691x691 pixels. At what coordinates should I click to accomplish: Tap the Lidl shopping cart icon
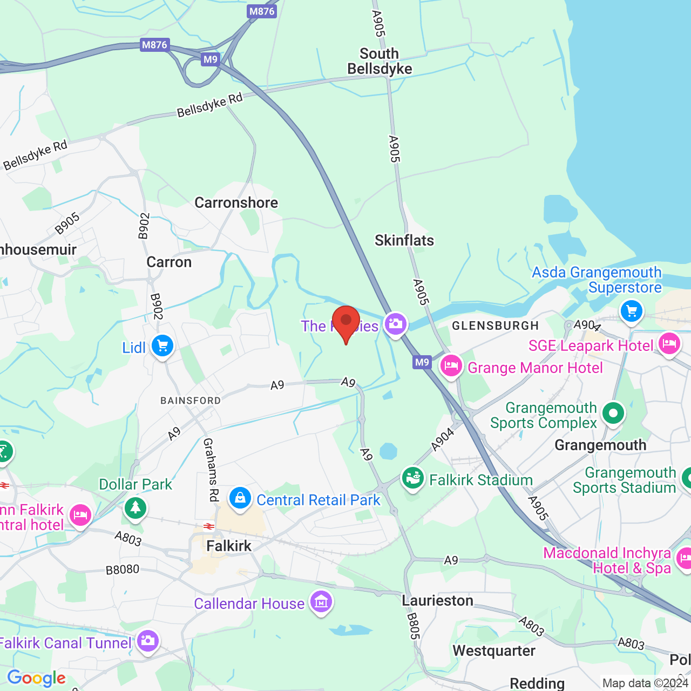(x=162, y=347)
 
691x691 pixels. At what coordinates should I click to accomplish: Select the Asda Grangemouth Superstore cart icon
(x=631, y=311)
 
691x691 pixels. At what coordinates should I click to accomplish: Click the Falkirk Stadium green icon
(x=413, y=479)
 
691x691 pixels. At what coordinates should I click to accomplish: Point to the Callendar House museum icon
(x=321, y=601)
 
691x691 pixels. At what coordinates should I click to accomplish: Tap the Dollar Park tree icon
(x=135, y=508)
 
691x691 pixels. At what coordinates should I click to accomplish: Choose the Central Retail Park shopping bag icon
(x=240, y=498)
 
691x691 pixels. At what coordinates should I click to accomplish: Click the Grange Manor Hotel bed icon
(x=451, y=367)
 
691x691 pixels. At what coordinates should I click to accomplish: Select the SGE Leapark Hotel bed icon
(x=669, y=344)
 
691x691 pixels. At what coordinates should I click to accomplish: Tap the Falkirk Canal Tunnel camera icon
(x=147, y=641)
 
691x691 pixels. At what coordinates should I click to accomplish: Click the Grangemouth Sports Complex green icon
(x=613, y=414)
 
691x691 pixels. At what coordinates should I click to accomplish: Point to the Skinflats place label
(x=404, y=240)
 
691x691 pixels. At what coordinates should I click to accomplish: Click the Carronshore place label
(x=236, y=202)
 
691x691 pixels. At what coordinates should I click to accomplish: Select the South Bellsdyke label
(x=380, y=61)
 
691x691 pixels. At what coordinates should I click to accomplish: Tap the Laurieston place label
(x=437, y=600)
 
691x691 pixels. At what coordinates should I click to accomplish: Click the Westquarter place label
(x=494, y=651)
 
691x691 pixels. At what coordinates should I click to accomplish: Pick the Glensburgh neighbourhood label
(x=495, y=326)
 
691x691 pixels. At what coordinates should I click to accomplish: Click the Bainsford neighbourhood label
(x=191, y=401)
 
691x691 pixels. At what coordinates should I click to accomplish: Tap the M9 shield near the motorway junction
(x=211, y=59)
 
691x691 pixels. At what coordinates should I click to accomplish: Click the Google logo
(x=37, y=678)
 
